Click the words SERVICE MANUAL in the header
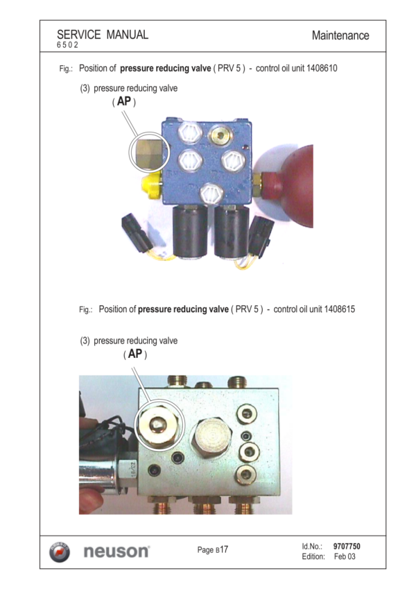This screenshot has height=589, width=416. (103, 35)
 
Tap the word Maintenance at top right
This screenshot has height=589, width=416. (340, 35)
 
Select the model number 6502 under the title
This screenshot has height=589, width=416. (67, 44)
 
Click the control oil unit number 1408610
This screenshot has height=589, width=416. (322, 69)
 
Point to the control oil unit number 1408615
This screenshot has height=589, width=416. (340, 309)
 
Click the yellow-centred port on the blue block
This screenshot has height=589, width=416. (220, 135)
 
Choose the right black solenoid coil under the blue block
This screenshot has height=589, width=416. (232, 232)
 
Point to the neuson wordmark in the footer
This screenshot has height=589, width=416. (116, 552)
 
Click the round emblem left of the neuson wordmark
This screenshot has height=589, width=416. (60, 552)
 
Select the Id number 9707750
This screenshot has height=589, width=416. (347, 546)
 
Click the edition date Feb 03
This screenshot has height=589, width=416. (345, 556)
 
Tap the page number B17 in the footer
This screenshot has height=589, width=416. (221, 549)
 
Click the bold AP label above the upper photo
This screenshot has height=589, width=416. (124, 101)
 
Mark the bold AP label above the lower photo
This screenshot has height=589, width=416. (135, 354)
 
